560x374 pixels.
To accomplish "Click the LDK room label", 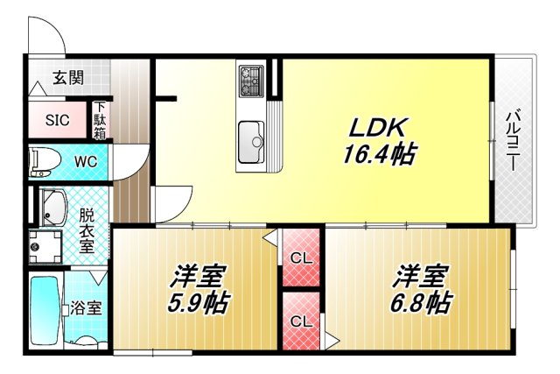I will click(x=378, y=128).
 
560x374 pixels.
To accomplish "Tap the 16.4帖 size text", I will click(x=378, y=155).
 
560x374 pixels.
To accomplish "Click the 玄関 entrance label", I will click(x=67, y=78).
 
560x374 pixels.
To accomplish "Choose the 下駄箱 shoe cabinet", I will click(x=101, y=121).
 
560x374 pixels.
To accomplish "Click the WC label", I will click(x=85, y=161).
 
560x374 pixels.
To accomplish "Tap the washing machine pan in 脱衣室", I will click(x=43, y=248).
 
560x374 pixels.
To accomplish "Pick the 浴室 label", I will click(x=86, y=308).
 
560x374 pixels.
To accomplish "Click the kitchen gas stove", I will click(x=251, y=81).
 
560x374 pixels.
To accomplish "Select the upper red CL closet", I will click(x=301, y=258).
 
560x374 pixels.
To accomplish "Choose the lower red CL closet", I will click(x=301, y=321).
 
